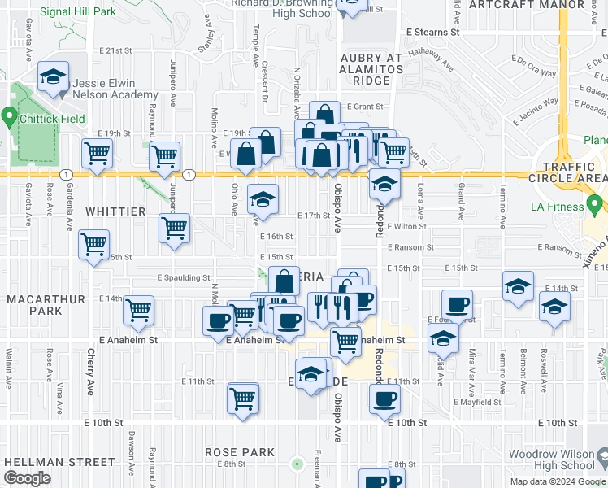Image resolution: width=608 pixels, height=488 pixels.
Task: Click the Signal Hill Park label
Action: [78, 12]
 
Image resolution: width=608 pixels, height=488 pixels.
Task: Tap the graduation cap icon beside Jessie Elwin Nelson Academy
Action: [53, 78]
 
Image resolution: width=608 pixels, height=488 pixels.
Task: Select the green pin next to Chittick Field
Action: [10, 119]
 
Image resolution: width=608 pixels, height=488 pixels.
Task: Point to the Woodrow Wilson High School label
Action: [555, 460]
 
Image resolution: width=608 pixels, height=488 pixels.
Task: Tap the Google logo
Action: [27, 479]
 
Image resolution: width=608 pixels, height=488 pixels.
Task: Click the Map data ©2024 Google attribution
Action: [558, 481]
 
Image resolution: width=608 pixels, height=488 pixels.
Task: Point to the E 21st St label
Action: [115, 50]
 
